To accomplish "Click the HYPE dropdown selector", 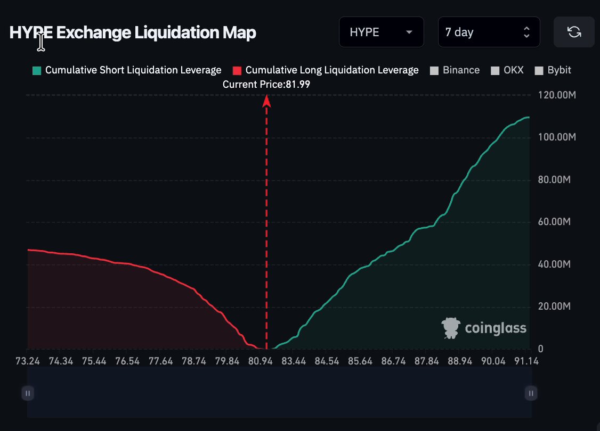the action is point(381,32).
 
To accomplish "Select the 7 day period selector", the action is point(489,32).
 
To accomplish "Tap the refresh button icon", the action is point(574,32).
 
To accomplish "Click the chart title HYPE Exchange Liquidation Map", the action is point(133,32).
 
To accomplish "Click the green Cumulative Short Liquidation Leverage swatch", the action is point(37,71).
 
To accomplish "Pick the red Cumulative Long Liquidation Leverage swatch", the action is point(237,71).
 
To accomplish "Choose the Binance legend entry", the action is point(455,70).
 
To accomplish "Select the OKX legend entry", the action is point(507,70).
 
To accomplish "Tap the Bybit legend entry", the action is point(553,70).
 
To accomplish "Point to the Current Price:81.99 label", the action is point(266,85).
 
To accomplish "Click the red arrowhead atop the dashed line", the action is point(267,101).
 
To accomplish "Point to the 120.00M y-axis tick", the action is point(557,95).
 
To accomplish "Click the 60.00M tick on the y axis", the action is point(554,221).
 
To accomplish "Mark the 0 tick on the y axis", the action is point(540,349).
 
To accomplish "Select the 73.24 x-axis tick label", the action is point(28,361).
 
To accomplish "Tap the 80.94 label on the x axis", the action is point(260,361).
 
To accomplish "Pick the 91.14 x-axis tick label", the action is point(526,361).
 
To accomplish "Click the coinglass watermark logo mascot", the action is point(451,328).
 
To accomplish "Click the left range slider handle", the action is point(28,393).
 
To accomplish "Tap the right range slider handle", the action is point(531,393).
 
